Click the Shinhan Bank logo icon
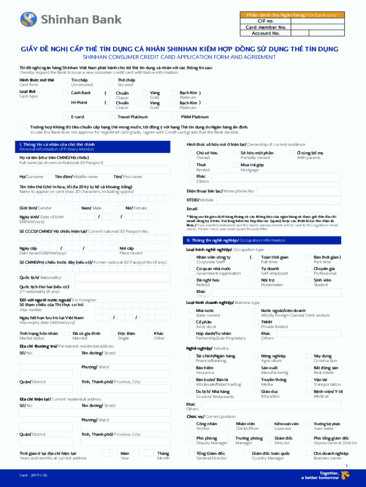click(29, 19)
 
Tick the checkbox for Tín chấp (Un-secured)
click(67, 81)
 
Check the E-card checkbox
click(67, 117)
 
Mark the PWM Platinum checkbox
click(175, 117)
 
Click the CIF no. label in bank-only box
click(266, 21)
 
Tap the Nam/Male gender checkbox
click(77, 208)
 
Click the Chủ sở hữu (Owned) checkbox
click(191, 153)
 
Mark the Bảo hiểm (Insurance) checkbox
click(191, 368)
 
